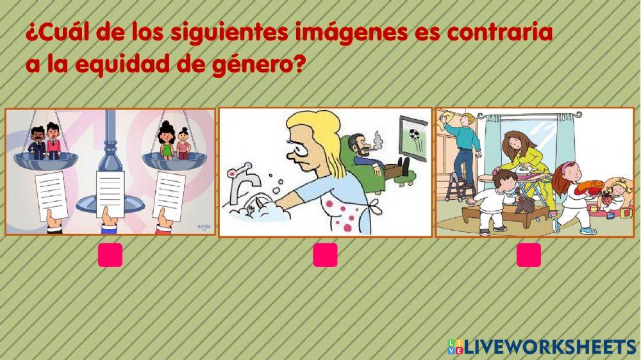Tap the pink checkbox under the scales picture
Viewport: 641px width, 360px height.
(110, 255)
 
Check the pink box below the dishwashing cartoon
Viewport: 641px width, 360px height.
(325, 255)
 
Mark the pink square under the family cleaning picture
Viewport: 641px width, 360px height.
(528, 255)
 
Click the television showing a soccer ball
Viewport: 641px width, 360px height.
(413, 134)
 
